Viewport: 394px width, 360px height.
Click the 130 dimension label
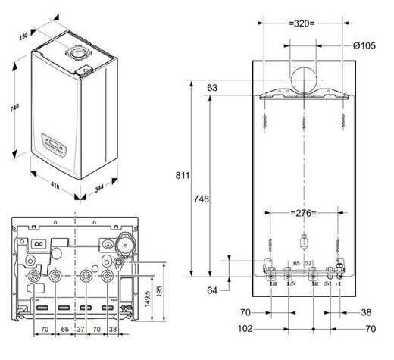(x=23, y=36)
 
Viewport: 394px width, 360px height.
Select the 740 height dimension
(x=14, y=108)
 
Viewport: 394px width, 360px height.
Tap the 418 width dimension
(x=55, y=186)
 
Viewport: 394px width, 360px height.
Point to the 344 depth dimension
(x=99, y=188)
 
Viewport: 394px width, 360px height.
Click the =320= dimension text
(x=302, y=23)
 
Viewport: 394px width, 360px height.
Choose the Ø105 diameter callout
(x=364, y=45)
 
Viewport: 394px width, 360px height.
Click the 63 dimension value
(x=212, y=88)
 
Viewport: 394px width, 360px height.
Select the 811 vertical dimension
(x=182, y=175)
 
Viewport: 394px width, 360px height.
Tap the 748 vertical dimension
(x=202, y=199)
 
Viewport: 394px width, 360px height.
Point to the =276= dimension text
(x=303, y=213)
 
